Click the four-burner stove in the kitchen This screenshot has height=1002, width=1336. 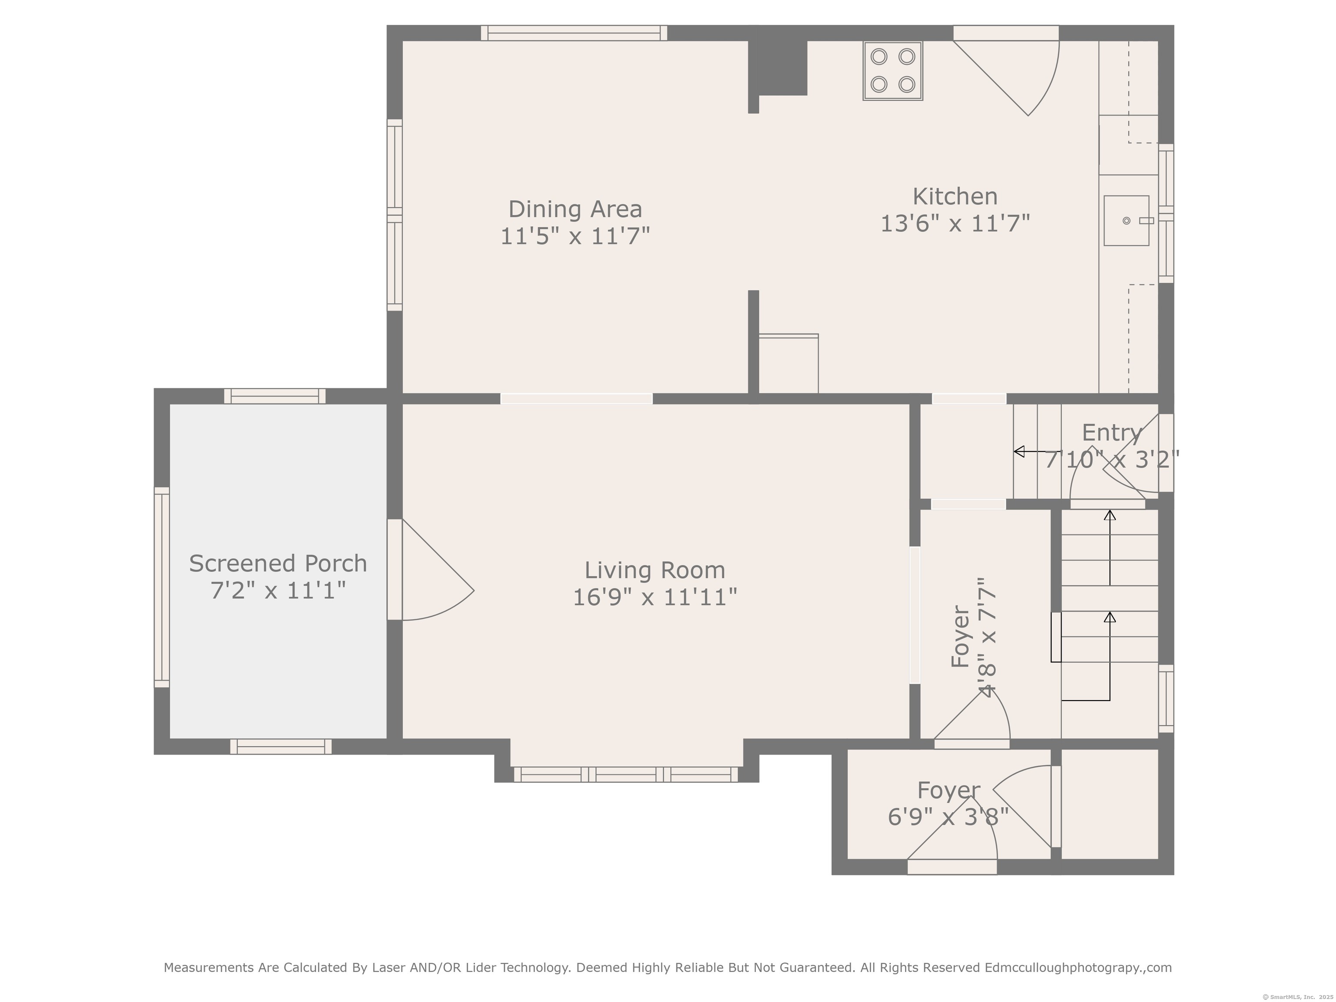tap(893, 70)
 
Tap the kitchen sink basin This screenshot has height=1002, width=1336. tap(1126, 220)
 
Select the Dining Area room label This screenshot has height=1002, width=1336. tap(575, 209)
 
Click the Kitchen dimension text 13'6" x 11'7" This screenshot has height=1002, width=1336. tap(955, 224)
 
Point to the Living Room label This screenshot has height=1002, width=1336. tap(655, 570)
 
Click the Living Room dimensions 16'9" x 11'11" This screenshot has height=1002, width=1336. tap(655, 598)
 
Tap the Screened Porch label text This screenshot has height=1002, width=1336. tap(278, 564)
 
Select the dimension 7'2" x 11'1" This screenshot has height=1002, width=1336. tap(278, 590)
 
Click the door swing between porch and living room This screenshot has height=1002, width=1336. tap(438, 570)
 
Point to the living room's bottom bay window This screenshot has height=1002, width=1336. tap(626, 774)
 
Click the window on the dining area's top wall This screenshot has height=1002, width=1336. tap(574, 33)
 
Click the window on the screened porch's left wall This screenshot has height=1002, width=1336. tap(162, 587)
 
